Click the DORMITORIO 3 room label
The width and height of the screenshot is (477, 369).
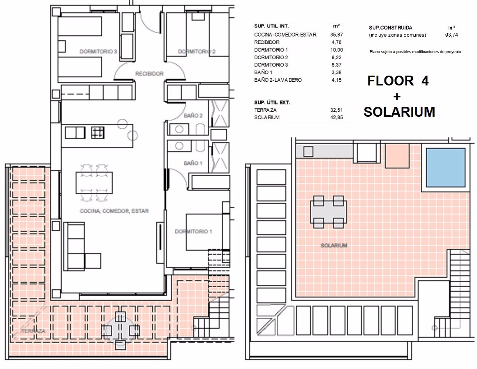click(98, 52)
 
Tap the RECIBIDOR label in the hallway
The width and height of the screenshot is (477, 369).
click(149, 74)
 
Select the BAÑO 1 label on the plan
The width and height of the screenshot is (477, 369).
click(193, 163)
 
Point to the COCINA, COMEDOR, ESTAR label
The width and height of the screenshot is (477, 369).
click(114, 211)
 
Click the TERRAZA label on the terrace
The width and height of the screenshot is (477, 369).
click(33, 331)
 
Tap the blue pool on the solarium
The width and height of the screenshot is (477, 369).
click(446, 168)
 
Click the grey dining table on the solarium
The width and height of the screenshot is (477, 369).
click(328, 212)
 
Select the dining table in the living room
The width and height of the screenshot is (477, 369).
click(94, 183)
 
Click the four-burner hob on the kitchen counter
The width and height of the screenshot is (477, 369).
click(97, 133)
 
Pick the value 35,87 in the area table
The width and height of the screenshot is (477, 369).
click(336, 35)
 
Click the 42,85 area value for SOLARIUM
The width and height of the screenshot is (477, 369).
click(336, 118)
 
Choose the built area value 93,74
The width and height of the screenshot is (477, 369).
click(452, 35)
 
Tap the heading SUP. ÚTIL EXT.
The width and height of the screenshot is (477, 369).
click(272, 102)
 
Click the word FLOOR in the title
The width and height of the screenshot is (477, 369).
click(391, 81)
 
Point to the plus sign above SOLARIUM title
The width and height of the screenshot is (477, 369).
click(397, 97)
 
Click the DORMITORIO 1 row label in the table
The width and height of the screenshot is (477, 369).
click(271, 50)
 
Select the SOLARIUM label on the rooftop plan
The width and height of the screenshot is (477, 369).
click(334, 245)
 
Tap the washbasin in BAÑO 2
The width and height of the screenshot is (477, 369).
click(179, 129)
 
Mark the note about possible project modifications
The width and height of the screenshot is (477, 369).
click(415, 52)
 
